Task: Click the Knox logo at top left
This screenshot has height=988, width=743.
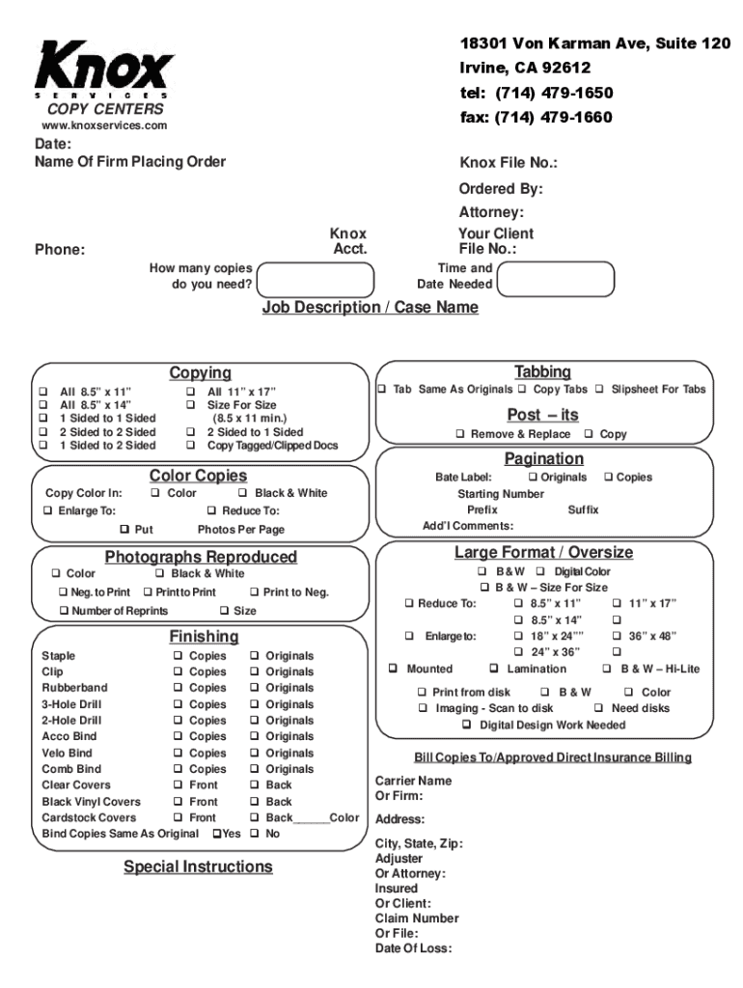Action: tap(104, 69)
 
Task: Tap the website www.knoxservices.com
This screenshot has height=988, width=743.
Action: tap(103, 126)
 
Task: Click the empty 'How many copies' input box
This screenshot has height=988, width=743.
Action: tap(316, 278)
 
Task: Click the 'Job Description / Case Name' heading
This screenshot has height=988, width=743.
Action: tap(371, 307)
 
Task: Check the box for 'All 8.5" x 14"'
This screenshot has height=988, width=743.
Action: tap(43, 405)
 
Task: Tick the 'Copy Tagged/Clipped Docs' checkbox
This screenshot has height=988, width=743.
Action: tap(191, 446)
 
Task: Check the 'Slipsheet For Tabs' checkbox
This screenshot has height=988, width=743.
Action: tap(599, 390)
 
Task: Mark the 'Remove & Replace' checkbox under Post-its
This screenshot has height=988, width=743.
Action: tap(460, 435)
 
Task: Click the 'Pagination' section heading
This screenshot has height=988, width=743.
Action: tap(543, 458)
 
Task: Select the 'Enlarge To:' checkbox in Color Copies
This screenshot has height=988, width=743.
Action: tap(48, 511)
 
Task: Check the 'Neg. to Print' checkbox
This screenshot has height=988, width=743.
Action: tap(63, 592)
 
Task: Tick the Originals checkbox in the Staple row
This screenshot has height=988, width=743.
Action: tap(255, 656)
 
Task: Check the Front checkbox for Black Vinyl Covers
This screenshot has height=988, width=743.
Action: tap(179, 802)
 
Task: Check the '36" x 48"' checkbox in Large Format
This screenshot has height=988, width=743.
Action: tap(617, 636)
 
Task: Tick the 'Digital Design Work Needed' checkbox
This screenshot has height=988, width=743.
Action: tap(469, 726)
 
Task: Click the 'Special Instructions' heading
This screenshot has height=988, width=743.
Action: tap(198, 866)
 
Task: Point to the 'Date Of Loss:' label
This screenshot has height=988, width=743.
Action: tap(413, 948)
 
